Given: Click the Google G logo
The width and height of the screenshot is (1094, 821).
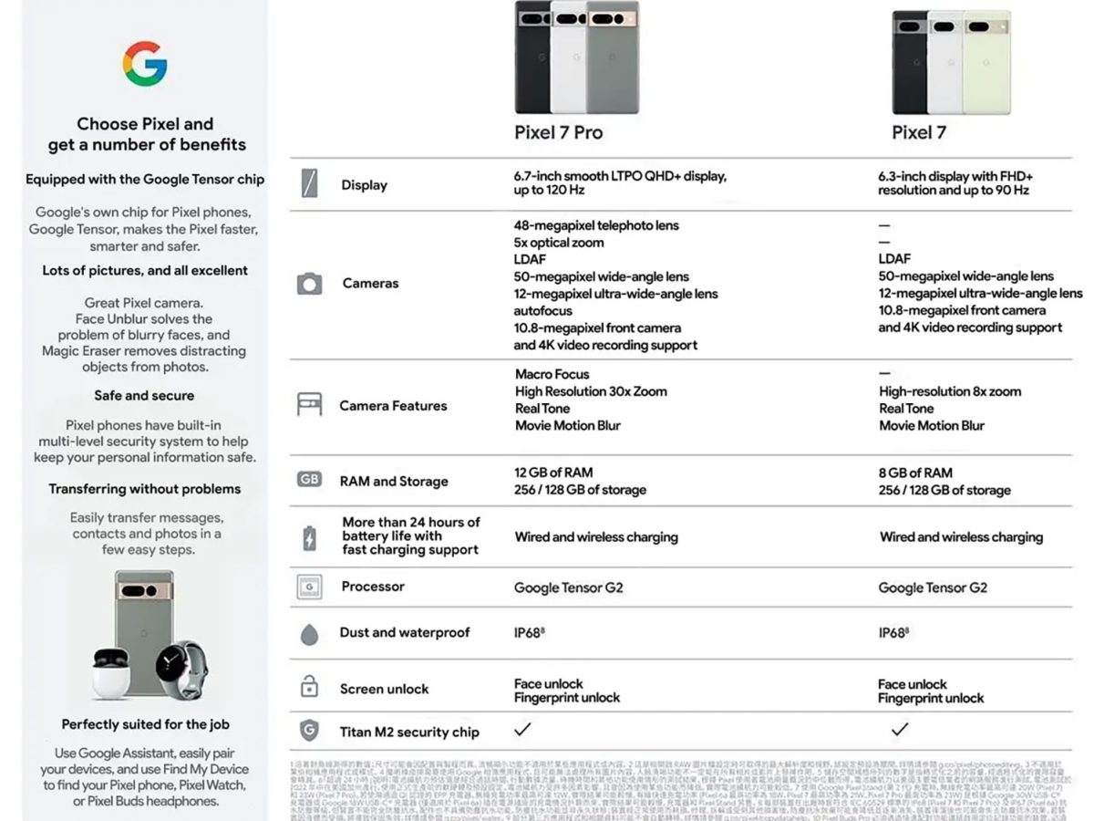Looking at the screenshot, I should [x=145, y=64].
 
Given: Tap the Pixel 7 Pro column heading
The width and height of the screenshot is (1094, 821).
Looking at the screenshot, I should [x=558, y=132].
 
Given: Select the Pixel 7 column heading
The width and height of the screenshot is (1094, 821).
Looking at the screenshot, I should [x=919, y=132].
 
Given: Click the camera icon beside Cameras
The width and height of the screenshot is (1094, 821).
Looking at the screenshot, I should [x=309, y=284].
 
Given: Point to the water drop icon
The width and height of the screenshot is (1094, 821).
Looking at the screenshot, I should [x=309, y=634].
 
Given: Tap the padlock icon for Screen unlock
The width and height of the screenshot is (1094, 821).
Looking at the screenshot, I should [x=309, y=686].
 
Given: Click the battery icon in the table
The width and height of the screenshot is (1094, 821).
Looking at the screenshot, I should [x=309, y=537].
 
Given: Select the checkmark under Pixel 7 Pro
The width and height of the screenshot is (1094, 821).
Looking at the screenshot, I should [x=522, y=729].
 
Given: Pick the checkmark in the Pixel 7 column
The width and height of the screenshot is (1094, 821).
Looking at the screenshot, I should [x=900, y=729].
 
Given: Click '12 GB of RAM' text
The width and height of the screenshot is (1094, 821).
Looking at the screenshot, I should [x=553, y=473].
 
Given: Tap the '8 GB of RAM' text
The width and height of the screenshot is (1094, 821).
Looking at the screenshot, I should [x=915, y=473].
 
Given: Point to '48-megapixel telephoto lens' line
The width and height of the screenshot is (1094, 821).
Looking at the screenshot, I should [x=596, y=225].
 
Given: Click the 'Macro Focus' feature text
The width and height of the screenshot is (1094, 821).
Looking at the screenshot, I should [x=552, y=374].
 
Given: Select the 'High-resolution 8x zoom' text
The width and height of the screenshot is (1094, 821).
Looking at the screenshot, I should [x=950, y=391].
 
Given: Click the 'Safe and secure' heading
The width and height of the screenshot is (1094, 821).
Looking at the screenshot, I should [x=144, y=396].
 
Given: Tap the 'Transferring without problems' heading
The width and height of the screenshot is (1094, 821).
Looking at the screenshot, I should [x=145, y=489].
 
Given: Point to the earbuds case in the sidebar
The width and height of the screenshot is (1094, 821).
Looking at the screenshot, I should [x=111, y=673].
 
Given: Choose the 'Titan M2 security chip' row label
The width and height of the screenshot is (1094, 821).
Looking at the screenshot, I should [x=409, y=732].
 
